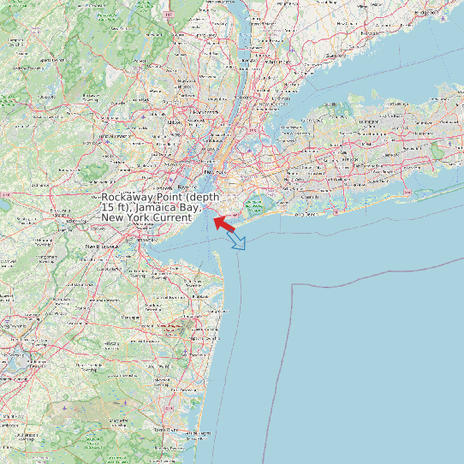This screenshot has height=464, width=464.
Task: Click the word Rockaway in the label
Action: pos(128,196)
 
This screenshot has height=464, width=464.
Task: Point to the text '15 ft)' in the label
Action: pos(116,207)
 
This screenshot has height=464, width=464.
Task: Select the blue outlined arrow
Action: pos(237,241)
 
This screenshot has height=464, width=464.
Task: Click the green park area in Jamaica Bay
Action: pos(255,205)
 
